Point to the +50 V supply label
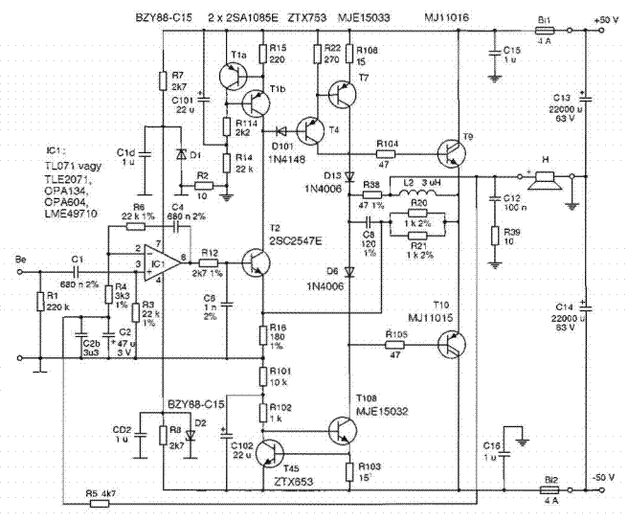click(x=606, y=18)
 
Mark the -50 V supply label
click(x=605, y=476)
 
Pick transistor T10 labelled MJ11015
click(x=454, y=345)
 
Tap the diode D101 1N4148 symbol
click(x=282, y=131)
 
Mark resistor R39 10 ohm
click(x=495, y=236)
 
